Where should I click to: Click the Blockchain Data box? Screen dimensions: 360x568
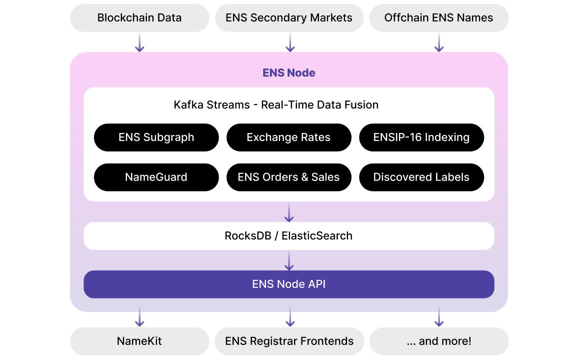pyautogui.click(x=139, y=18)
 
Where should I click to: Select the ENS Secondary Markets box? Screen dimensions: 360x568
pyautogui.click(x=289, y=18)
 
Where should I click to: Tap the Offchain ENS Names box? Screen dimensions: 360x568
pyautogui.click(x=438, y=18)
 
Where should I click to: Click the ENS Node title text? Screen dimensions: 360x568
pyautogui.click(x=289, y=73)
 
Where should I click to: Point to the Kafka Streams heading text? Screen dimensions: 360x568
pyautogui.click(x=276, y=105)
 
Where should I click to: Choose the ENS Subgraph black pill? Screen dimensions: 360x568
pyautogui.click(x=156, y=137)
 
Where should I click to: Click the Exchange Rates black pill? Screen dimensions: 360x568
pyautogui.click(x=288, y=137)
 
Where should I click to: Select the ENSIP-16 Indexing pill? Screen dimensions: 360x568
pyautogui.click(x=421, y=137)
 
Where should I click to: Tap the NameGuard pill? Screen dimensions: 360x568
pyautogui.click(x=156, y=177)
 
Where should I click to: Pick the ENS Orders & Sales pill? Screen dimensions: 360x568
pyautogui.click(x=288, y=177)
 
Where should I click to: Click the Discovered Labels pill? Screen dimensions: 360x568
pyautogui.click(x=421, y=177)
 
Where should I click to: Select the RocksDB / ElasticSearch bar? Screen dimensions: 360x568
pyautogui.click(x=288, y=236)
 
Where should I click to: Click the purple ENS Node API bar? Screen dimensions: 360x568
pyautogui.click(x=288, y=284)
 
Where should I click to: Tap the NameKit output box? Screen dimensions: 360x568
pyautogui.click(x=139, y=341)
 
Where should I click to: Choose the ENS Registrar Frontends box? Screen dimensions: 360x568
pyautogui.click(x=289, y=341)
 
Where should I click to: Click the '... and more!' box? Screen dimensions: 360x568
pyautogui.click(x=438, y=341)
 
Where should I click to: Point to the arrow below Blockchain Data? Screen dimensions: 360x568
pyautogui.click(x=139, y=42)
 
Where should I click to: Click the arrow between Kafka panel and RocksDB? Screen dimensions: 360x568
pyautogui.click(x=288, y=212)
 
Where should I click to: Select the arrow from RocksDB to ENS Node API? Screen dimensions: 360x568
pyautogui.click(x=288, y=260)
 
